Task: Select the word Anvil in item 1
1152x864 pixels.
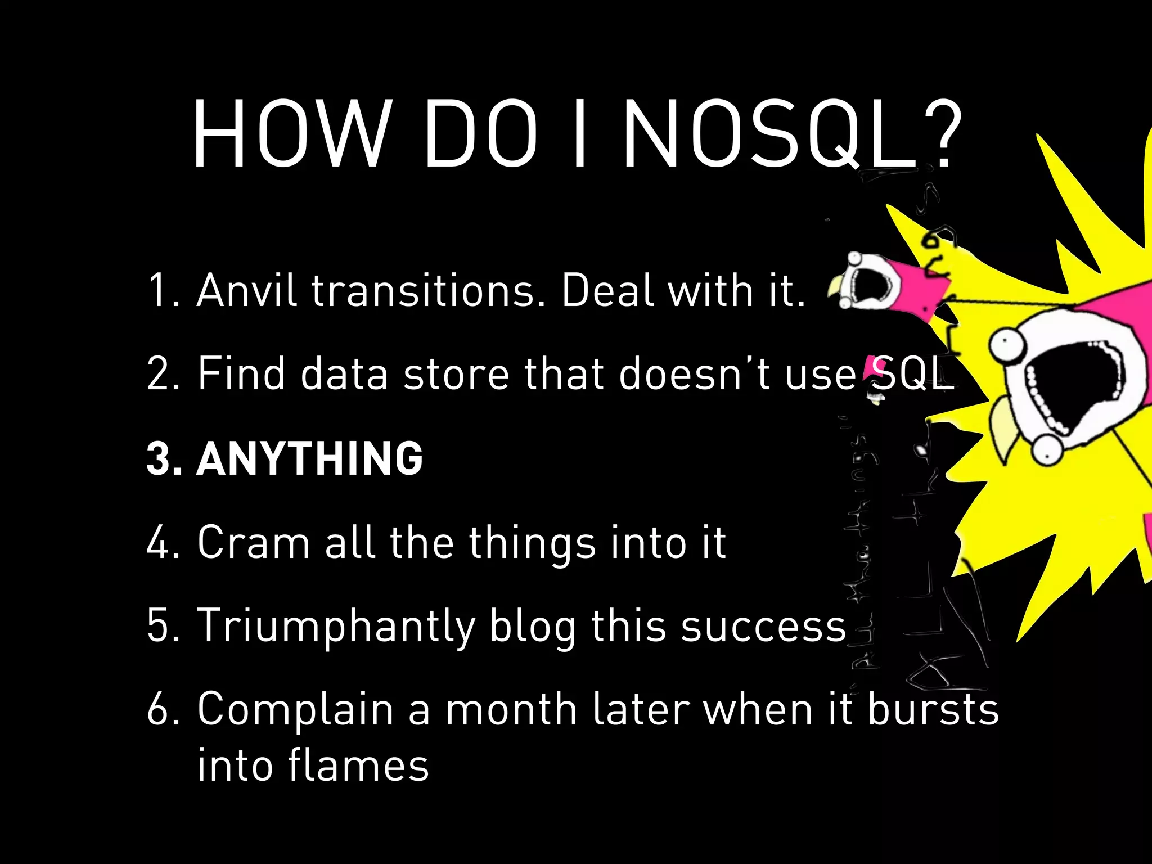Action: coord(246,290)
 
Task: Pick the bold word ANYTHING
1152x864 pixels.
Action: coord(309,458)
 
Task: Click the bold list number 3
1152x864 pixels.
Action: coord(162,458)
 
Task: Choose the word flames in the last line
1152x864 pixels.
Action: coord(358,765)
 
